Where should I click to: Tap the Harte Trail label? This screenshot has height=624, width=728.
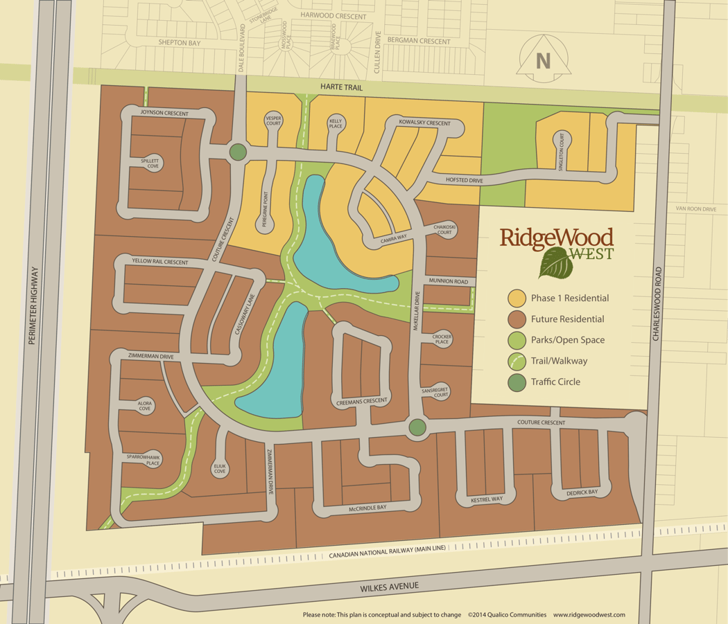tap(340, 86)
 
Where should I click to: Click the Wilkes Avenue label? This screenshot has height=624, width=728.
tap(389, 586)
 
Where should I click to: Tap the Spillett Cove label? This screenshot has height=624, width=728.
tap(150, 163)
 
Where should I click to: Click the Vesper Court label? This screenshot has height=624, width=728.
tap(273, 122)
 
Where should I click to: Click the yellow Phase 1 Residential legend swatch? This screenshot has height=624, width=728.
tap(517, 298)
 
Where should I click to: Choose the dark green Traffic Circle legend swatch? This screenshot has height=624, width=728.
tap(517, 382)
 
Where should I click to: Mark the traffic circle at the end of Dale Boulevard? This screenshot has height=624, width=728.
tap(238, 152)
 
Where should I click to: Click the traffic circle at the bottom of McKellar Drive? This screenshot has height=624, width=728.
tap(417, 427)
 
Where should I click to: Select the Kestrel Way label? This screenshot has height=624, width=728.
tap(485, 499)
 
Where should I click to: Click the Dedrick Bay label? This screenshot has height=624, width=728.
tap(582, 492)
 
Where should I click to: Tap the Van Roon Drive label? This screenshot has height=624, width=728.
tap(696, 208)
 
